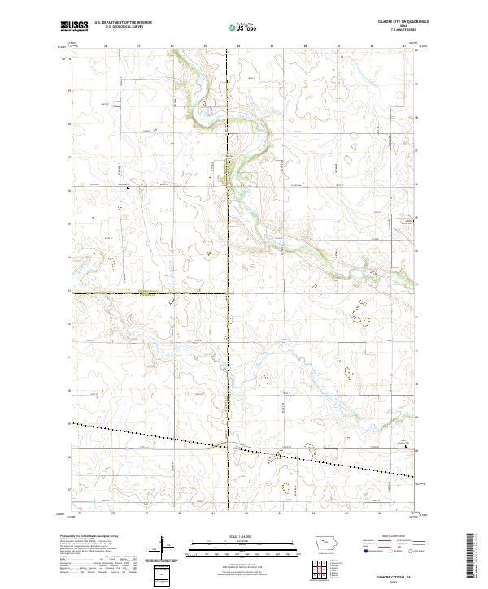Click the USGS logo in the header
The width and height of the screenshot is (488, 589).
pos(75,27)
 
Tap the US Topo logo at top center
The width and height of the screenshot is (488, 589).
pos(242,28)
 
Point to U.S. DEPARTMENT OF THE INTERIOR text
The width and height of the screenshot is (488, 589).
pos(123,23)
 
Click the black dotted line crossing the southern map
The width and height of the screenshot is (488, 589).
pos(244,448)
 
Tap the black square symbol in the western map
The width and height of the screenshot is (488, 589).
pos(128,188)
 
